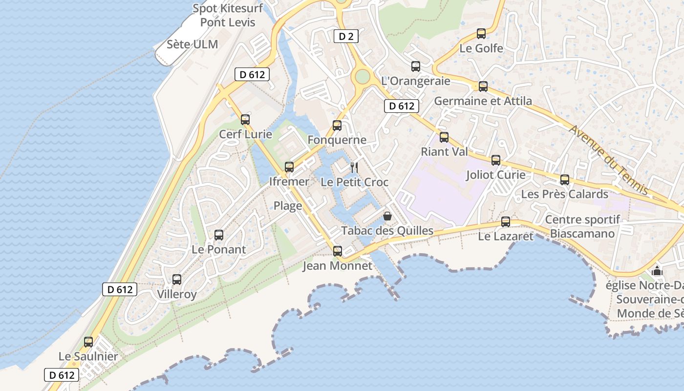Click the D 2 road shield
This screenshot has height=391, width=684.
click(x=346, y=36)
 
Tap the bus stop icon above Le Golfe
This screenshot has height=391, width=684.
click(x=481, y=34)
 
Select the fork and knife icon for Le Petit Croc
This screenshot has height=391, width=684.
click(x=354, y=168)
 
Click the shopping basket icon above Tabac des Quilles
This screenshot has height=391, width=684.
click(x=387, y=216)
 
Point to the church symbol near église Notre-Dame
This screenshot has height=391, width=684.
click(x=657, y=270)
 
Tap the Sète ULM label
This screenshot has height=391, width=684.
click(x=192, y=44)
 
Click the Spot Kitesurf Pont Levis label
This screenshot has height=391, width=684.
click(x=228, y=15)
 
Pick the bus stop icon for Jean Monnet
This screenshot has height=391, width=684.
click(x=337, y=251)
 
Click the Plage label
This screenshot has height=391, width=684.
click(x=288, y=206)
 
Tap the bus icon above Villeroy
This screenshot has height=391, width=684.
click(x=177, y=280)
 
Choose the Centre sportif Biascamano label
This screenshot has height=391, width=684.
click(x=582, y=226)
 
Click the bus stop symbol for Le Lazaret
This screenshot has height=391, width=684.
click(x=506, y=222)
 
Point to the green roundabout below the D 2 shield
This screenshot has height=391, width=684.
click(x=362, y=76)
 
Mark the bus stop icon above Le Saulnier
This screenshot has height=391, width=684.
click(x=88, y=342)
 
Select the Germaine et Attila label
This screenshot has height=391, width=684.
click(x=483, y=101)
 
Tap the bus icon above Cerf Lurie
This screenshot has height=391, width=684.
click(x=245, y=119)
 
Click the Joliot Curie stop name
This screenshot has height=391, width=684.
click(x=496, y=174)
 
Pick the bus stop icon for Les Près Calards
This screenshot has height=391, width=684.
click(x=565, y=179)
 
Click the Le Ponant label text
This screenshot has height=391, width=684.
click(x=219, y=249)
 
